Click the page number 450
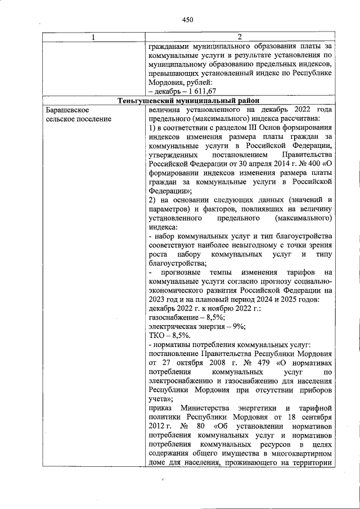pyautogui.click(x=187, y=20)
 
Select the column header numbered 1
pyautogui.click(x=93, y=37)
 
